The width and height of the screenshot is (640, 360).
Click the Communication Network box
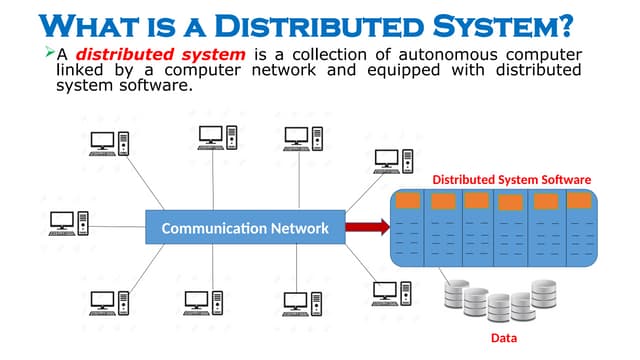click(245, 229)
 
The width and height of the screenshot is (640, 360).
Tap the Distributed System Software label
click(511, 179)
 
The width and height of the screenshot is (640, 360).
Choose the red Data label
click(504, 338)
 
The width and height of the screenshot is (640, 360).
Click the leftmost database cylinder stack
click(456, 295)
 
